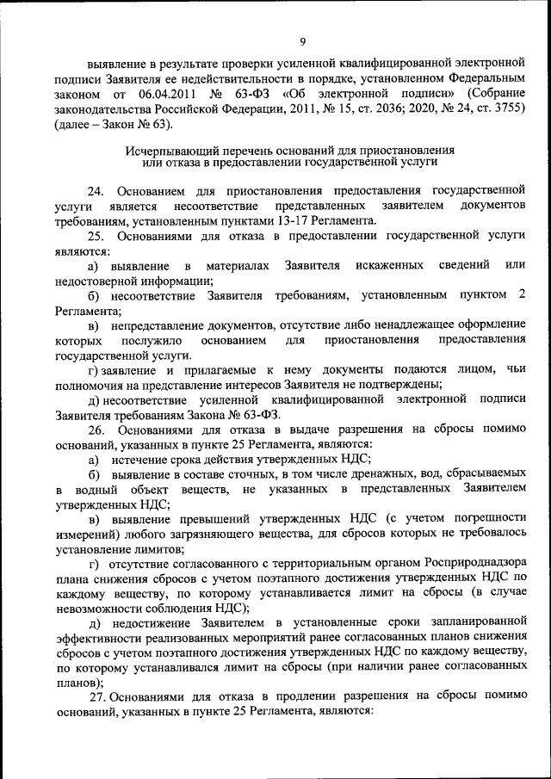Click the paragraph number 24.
pyautogui.click(x=96, y=189)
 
